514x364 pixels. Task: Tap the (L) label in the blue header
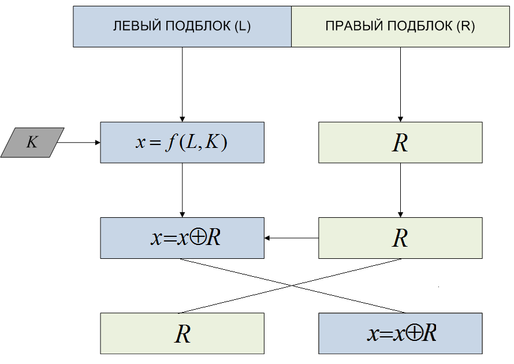[243, 27]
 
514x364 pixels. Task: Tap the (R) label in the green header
[465, 27]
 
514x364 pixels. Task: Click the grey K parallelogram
[32, 142]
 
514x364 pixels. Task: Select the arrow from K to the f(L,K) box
[79, 142]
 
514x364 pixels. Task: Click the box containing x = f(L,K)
[182, 142]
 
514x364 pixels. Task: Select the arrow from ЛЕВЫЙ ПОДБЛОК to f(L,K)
[182, 84]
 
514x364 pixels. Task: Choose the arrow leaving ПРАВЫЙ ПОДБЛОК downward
[400, 84]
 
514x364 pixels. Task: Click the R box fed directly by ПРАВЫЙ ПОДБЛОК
[400, 142]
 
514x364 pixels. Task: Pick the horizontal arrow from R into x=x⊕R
[292, 237]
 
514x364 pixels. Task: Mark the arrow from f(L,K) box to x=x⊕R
[182, 190]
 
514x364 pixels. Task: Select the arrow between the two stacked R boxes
[400, 190]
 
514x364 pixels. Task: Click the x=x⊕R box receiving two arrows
[182, 237]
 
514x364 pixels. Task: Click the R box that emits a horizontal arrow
[400, 237]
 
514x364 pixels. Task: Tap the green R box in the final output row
[182, 333]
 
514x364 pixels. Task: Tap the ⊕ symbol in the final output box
[414, 333]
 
